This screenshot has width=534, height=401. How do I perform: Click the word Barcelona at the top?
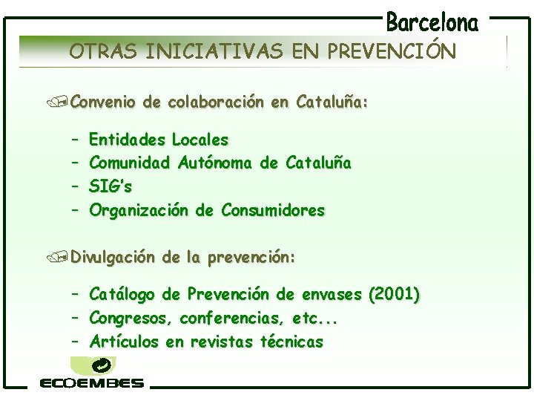432,22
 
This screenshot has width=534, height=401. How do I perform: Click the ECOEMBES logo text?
92,383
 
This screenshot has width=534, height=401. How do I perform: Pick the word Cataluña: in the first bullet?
331,101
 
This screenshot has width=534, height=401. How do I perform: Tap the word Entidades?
126,140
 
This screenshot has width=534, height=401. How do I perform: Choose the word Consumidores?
273,211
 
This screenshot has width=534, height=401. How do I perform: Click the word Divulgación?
113,258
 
